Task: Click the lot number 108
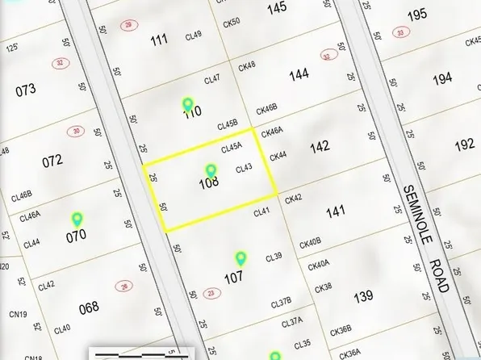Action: (208, 184)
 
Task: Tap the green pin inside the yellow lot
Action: (211, 170)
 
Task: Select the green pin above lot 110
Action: (188, 104)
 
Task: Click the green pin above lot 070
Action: (77, 218)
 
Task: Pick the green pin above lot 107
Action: (240, 258)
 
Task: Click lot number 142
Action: (320, 147)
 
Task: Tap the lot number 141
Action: (335, 212)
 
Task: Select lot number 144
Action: (299, 74)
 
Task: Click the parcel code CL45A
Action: (232, 149)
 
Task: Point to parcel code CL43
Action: (244, 169)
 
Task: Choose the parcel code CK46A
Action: (272, 130)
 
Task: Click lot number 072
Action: (52, 161)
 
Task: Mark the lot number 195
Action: (417, 15)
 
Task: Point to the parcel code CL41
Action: (261, 212)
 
